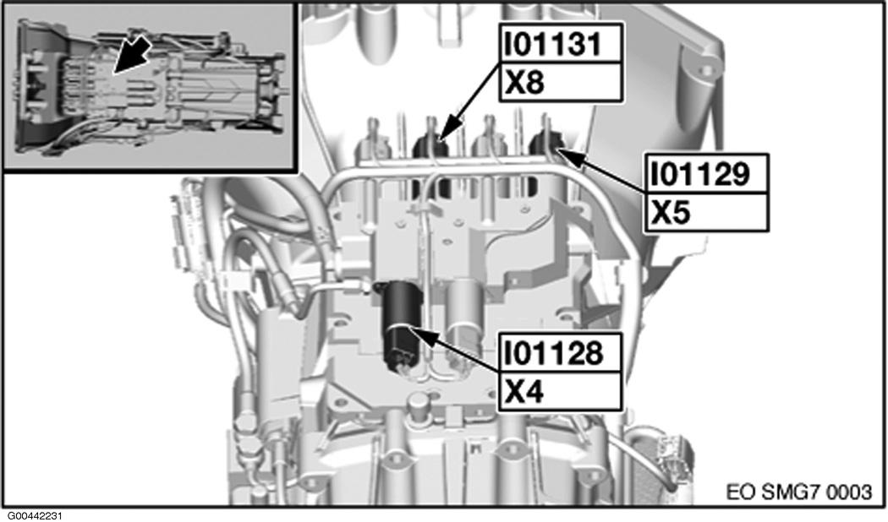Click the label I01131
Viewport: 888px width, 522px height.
tap(553, 44)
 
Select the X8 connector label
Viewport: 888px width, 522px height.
tap(524, 83)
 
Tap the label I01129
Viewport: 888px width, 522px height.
tap(700, 174)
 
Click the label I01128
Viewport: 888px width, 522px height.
tap(553, 353)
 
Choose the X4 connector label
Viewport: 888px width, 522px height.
tap(524, 392)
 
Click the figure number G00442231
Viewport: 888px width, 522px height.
tap(35, 516)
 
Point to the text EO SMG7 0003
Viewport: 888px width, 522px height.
tap(799, 492)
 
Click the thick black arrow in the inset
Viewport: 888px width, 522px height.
tap(130, 56)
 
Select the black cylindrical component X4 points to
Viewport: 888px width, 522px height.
tap(401, 327)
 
